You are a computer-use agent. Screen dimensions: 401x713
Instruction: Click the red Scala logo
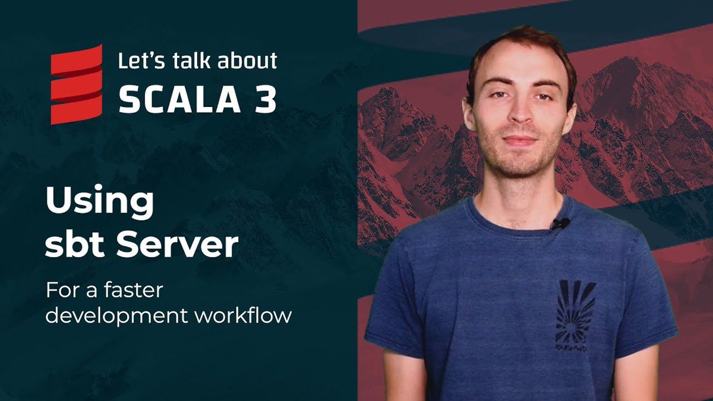76,84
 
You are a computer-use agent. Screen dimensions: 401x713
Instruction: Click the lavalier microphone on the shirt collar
560,224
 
